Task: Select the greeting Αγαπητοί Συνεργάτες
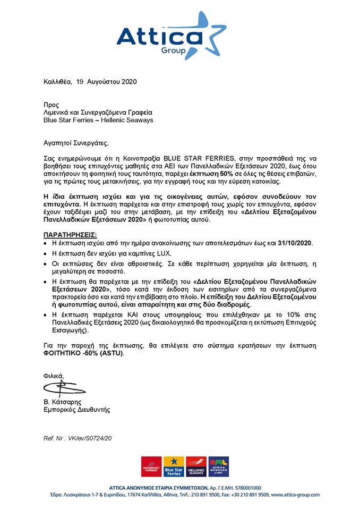75,143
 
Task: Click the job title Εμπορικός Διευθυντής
76,410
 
